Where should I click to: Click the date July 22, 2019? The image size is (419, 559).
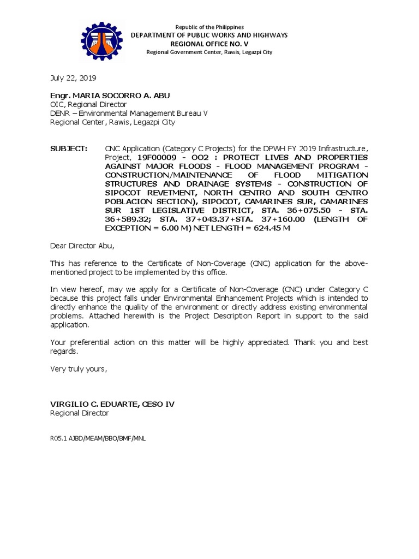click(x=73, y=78)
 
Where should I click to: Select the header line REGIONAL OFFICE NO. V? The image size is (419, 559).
click(x=209, y=44)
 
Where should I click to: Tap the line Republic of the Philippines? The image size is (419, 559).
click(x=209, y=27)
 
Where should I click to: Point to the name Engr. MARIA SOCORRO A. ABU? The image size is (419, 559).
click(x=110, y=96)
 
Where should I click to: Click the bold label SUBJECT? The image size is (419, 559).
click(x=69, y=148)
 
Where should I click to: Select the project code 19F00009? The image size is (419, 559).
click(x=156, y=157)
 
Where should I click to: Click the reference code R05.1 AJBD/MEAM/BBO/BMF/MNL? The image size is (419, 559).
click(x=98, y=438)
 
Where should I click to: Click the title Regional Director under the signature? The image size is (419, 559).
click(x=80, y=413)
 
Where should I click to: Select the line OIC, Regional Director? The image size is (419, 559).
click(x=88, y=104)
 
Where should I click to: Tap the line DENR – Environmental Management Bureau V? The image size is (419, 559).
click(x=129, y=113)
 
